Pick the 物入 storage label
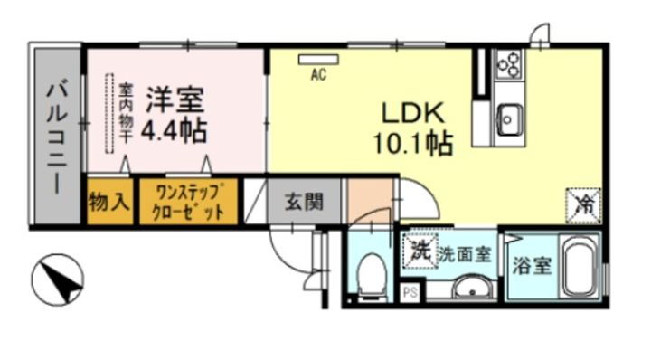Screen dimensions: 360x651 coord(108,203)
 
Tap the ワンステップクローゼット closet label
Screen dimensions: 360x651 coord(189,202)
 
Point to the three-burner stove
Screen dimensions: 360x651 coord(510,62)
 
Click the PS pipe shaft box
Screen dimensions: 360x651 coord(410,292)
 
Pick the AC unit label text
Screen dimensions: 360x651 coord(318,76)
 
